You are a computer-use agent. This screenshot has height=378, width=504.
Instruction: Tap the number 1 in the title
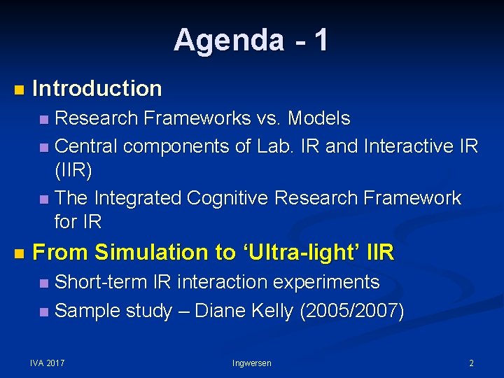[x=321, y=40]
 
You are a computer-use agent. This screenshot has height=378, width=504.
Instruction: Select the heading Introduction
[x=97, y=89]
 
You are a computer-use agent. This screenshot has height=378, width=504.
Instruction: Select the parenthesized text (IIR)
[x=73, y=171]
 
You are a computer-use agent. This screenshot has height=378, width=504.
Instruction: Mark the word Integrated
[x=137, y=198]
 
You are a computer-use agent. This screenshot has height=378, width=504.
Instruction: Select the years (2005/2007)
[x=351, y=310]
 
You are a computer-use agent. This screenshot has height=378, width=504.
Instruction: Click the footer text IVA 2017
[x=48, y=363]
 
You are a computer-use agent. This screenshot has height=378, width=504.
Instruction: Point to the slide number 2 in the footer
[x=471, y=363]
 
